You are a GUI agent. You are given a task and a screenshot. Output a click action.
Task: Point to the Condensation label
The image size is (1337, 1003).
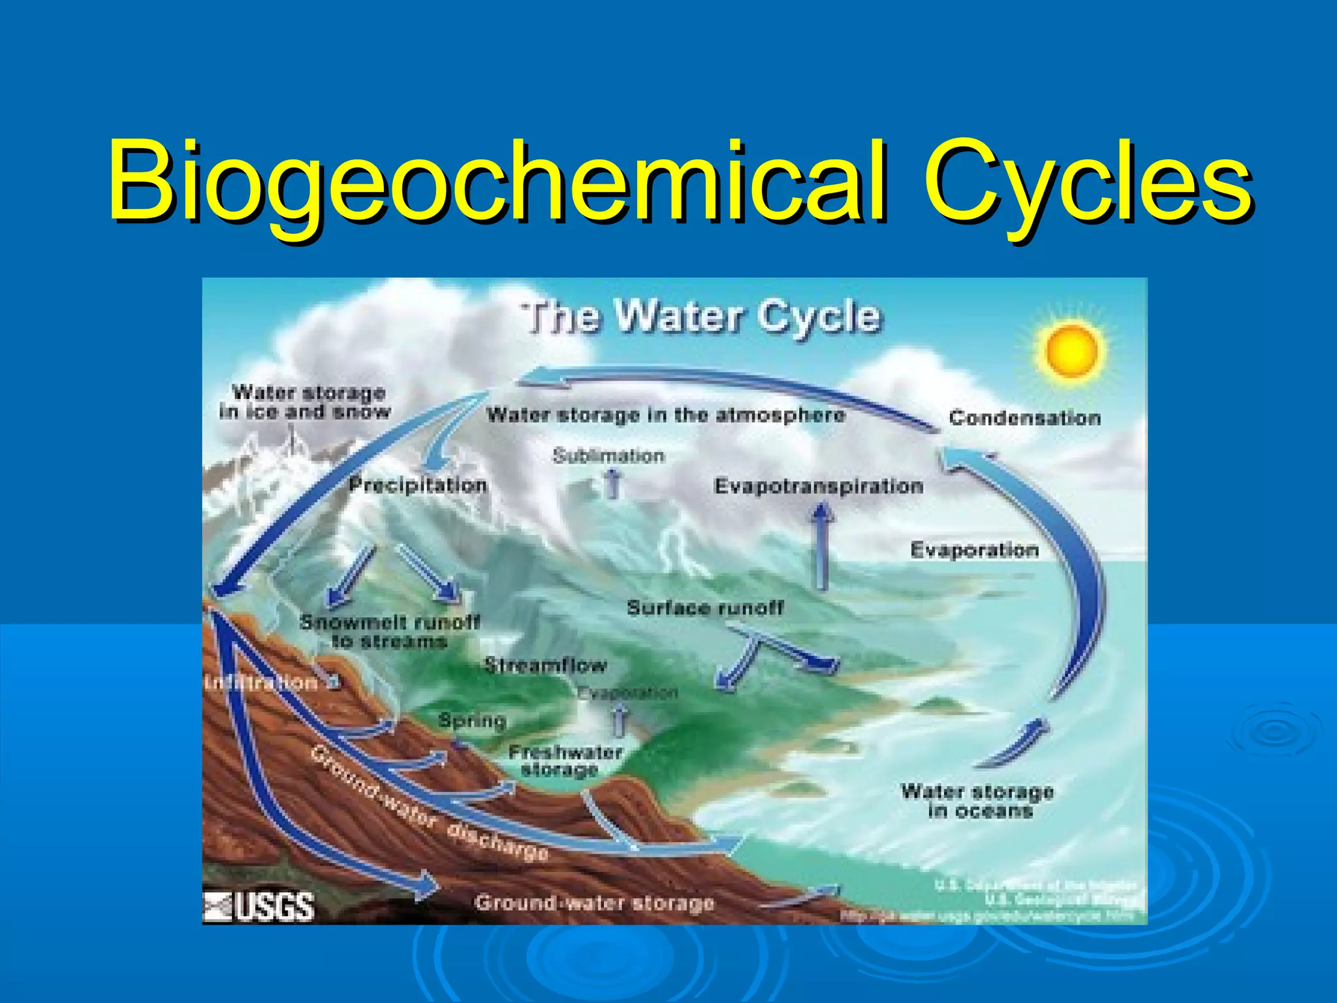pos(1024,418)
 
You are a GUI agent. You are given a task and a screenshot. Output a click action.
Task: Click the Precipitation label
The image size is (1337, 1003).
pos(418,485)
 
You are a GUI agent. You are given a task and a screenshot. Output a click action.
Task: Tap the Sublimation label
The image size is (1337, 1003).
pos(608,456)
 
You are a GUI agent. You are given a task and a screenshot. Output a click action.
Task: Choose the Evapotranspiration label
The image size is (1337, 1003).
pos(819,486)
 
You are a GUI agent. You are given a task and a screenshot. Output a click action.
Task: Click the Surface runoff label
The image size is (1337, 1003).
pos(705,608)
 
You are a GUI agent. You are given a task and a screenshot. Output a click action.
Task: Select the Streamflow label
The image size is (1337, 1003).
pos(545,665)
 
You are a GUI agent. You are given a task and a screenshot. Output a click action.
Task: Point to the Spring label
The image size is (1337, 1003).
pos(472,720)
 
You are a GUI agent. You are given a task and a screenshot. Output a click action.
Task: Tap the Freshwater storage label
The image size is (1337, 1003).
pos(565,761)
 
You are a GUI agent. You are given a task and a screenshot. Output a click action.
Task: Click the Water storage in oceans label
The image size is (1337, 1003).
pos(977,801)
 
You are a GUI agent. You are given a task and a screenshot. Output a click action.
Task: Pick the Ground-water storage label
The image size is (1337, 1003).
pos(594,903)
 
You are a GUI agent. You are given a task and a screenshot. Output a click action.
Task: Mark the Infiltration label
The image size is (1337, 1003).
pos(261,683)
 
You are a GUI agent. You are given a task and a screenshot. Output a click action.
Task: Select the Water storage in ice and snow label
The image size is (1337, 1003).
pos(306,402)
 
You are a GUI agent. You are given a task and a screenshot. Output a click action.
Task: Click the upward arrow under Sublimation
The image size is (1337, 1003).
pos(612,485)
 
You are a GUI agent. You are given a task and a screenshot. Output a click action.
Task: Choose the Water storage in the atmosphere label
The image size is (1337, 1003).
pos(666,415)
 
